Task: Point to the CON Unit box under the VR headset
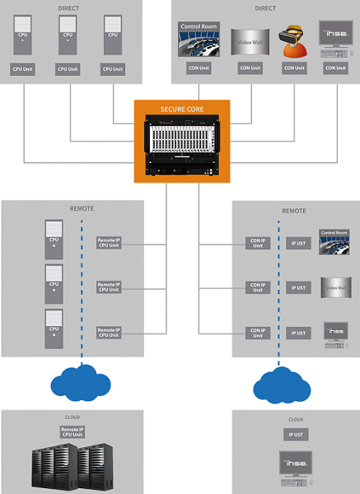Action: pos(292,68)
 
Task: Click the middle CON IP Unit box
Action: pos(257,287)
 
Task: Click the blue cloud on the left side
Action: pos(82,380)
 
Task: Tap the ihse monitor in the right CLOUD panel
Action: pos(296,468)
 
